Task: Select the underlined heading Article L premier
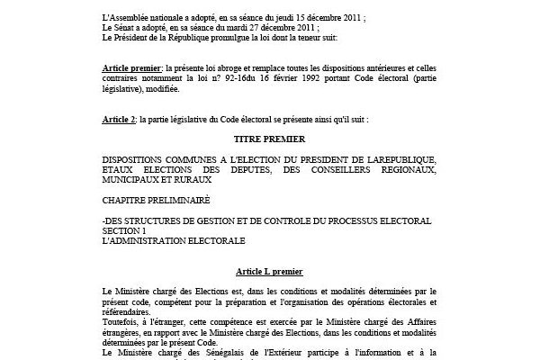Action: click(269, 271)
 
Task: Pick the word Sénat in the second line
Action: click(130, 28)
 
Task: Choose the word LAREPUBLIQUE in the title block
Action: click(388, 159)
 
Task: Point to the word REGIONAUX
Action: click(401, 169)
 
